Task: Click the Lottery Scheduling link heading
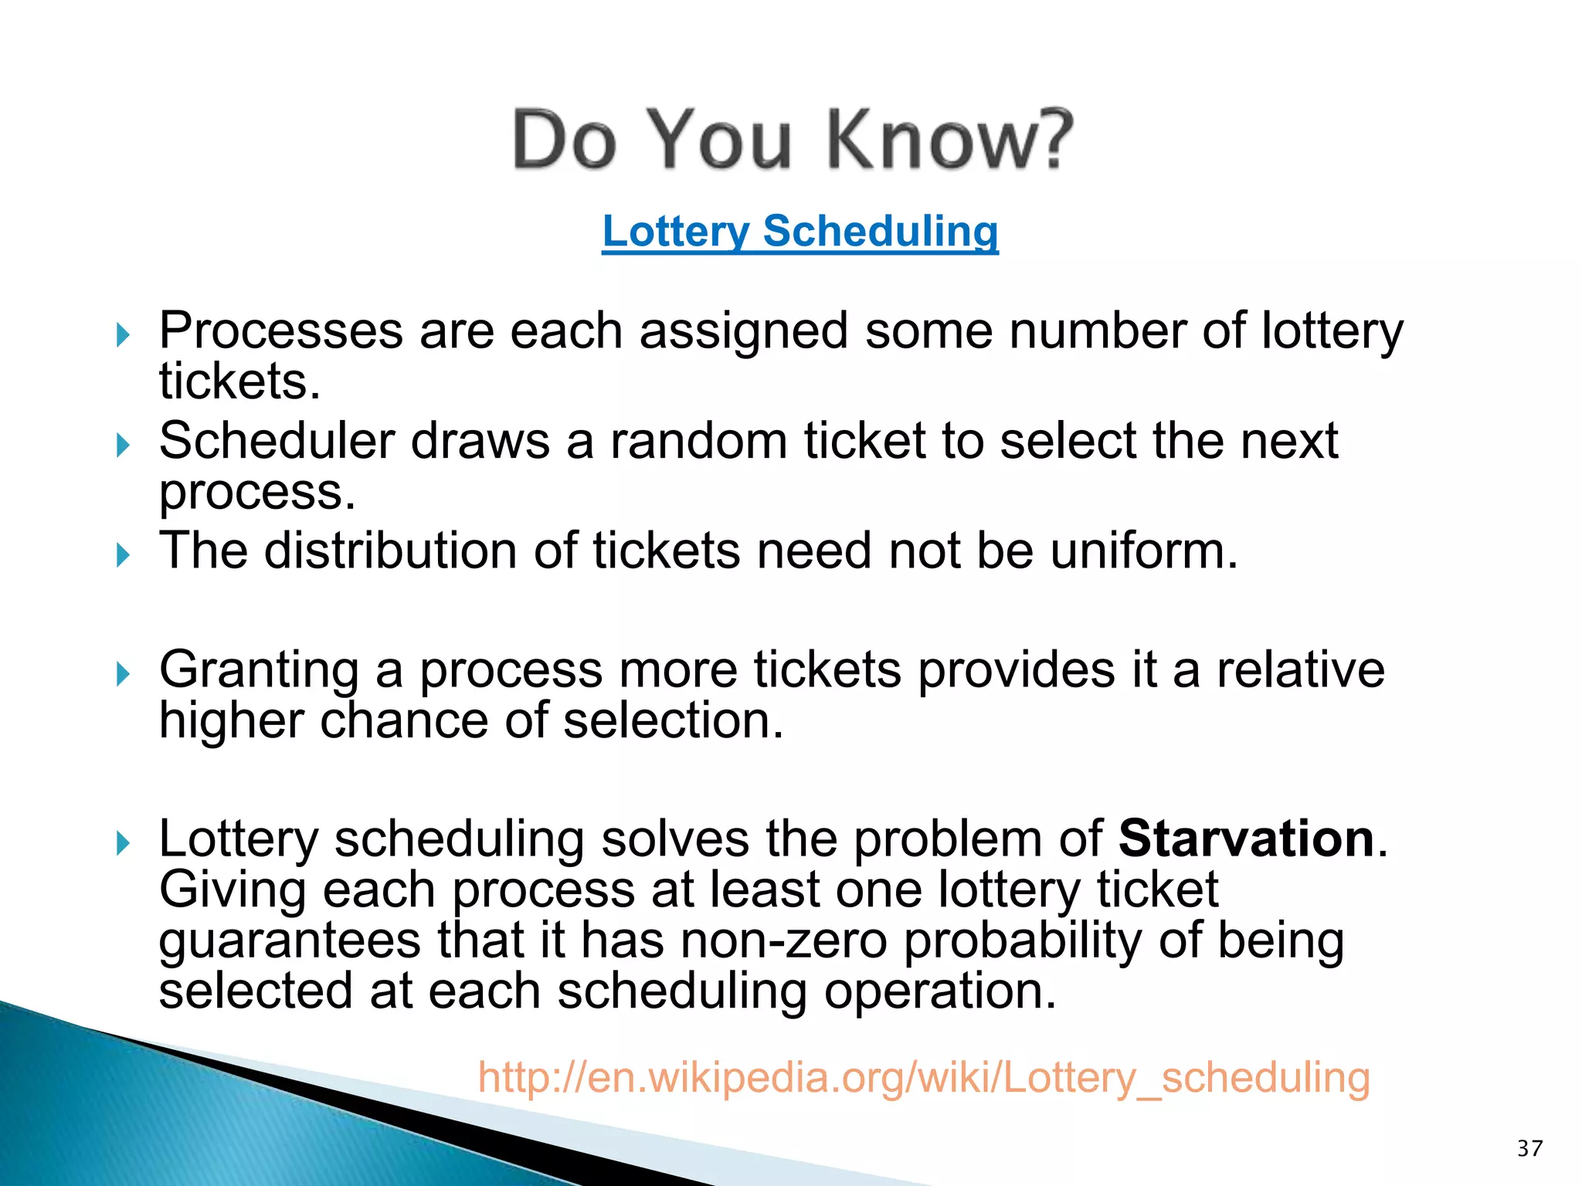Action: [799, 231]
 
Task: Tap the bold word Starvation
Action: [1246, 839]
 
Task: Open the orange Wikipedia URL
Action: [924, 1077]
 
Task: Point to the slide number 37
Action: [1529, 1148]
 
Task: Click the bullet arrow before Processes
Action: [123, 335]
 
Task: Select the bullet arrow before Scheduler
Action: [123, 446]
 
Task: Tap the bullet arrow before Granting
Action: [123, 674]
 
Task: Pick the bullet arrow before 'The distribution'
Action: [123, 555]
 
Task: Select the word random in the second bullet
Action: [698, 441]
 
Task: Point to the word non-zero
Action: [783, 941]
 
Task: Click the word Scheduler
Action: [277, 441]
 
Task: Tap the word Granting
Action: [259, 670]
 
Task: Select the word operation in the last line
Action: [938, 992]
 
